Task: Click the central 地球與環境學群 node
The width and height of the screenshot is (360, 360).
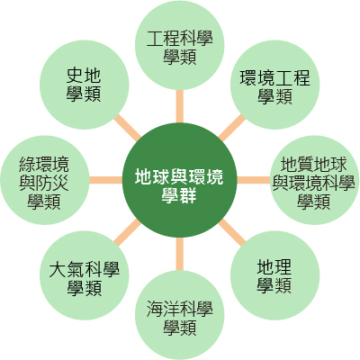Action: point(179,180)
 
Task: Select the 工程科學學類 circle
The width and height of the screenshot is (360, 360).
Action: point(179,45)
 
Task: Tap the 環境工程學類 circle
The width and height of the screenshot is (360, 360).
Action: point(274,85)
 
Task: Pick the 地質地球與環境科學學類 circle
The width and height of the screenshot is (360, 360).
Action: point(314,180)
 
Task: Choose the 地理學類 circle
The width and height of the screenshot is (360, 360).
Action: point(274,275)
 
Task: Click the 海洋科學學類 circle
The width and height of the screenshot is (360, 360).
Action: point(179,315)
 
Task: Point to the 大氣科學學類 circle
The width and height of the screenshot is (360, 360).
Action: point(85,275)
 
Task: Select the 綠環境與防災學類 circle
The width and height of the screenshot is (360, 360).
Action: point(45,180)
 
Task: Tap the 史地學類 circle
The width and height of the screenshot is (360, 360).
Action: point(85,85)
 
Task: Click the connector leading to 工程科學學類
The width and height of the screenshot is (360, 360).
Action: point(179,106)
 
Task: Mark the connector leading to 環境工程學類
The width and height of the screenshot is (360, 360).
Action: point(231,128)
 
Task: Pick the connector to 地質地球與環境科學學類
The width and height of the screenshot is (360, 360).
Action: point(254,180)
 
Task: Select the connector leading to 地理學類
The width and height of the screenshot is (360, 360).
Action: point(231,232)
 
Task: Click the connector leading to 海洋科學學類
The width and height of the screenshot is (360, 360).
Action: point(179,254)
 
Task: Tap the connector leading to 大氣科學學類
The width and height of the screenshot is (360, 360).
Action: point(128,232)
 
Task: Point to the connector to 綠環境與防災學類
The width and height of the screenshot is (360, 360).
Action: point(106,180)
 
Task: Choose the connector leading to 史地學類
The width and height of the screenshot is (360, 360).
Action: point(128,128)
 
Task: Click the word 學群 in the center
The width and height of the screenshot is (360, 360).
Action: point(179,196)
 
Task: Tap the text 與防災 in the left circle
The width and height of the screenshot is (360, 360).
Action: point(44,183)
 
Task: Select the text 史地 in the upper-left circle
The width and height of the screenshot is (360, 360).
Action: point(84,75)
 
